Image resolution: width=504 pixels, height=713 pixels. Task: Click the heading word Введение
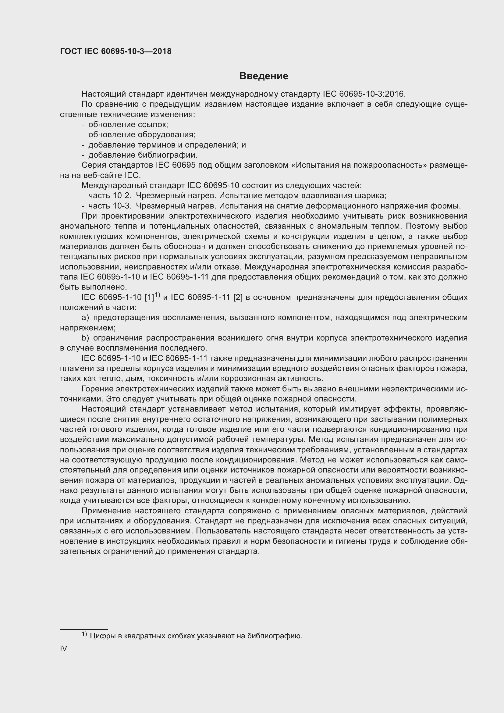(264, 76)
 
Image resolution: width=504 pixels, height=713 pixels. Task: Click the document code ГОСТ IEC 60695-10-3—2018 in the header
(115, 51)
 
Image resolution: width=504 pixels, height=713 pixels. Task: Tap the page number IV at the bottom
(63, 648)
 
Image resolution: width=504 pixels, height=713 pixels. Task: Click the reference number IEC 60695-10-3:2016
(364, 94)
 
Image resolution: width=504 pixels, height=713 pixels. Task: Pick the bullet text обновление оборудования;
(142, 134)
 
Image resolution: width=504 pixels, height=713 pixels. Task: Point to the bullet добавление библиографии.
(143, 155)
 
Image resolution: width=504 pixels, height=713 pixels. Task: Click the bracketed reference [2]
(238, 298)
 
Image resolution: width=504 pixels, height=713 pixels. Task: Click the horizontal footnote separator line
(83, 629)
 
